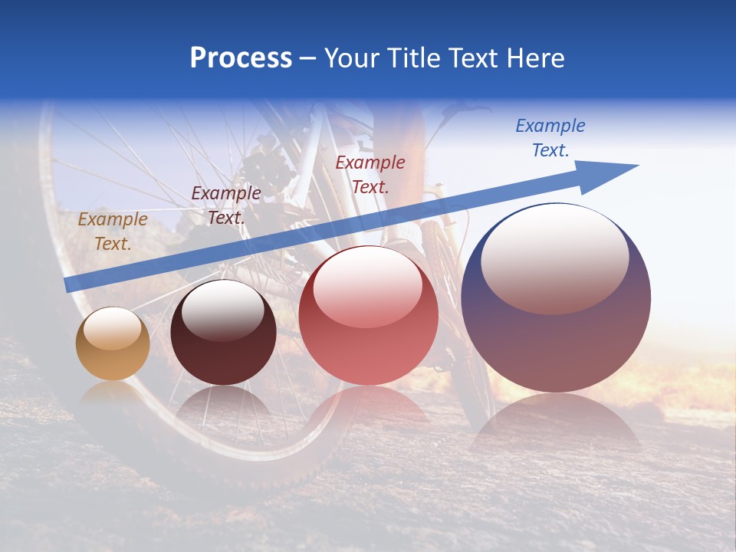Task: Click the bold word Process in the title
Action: click(241, 58)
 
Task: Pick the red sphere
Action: click(368, 315)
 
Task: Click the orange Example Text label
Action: click(112, 232)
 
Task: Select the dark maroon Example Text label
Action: click(225, 205)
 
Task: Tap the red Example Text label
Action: click(370, 174)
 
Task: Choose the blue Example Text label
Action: click(550, 137)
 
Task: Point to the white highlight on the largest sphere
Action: click(554, 259)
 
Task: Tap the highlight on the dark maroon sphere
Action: click(222, 311)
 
